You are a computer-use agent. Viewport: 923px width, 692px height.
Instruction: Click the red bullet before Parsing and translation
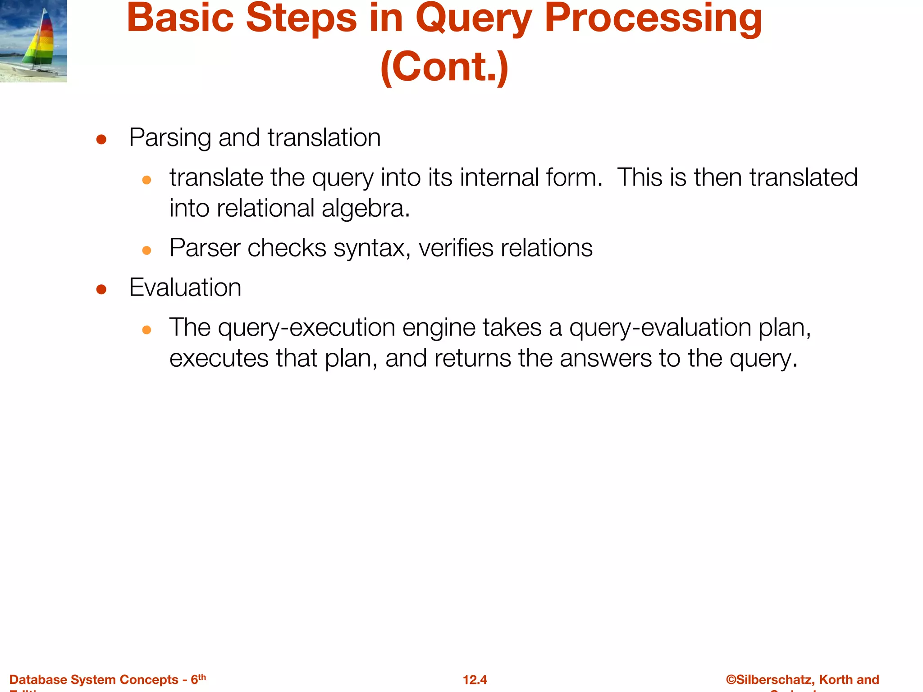[x=101, y=140]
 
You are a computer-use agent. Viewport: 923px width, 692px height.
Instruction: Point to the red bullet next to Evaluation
[x=101, y=289]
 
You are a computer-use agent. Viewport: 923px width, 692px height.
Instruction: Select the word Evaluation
[x=185, y=287]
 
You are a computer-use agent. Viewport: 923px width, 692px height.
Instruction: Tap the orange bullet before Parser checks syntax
[x=146, y=250]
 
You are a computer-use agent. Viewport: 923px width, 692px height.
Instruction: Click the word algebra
[x=366, y=209]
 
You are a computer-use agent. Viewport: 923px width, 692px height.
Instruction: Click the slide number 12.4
[x=475, y=680]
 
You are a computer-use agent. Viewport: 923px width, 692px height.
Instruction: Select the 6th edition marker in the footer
[x=198, y=679]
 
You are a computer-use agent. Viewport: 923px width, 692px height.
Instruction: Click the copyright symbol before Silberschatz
[x=731, y=680]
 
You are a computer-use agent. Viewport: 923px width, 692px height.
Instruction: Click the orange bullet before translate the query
[x=146, y=180]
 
